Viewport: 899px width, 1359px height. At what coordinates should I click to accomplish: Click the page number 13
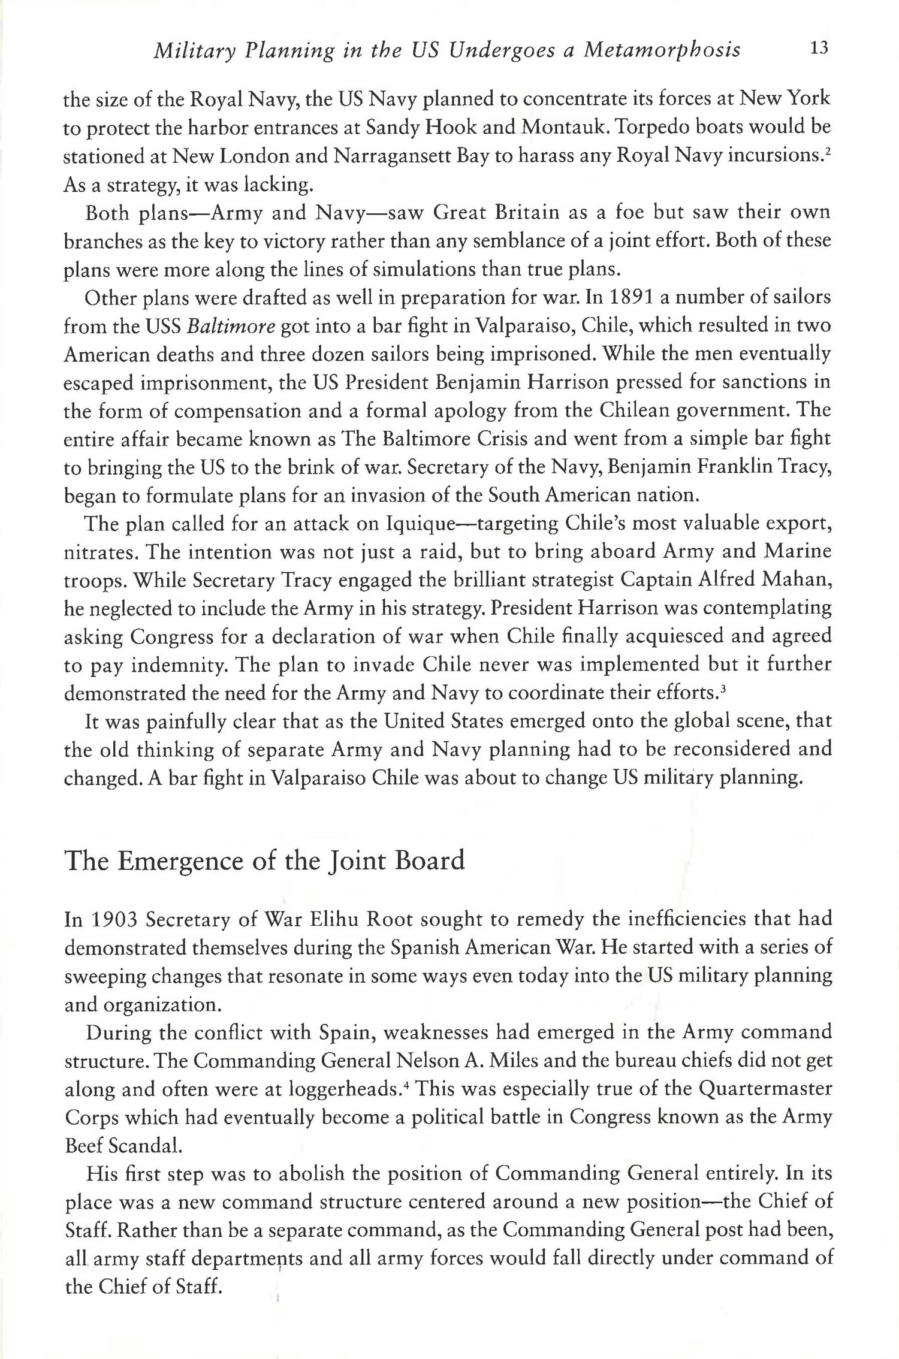coord(818,49)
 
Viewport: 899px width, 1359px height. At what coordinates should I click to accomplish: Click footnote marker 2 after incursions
coord(828,150)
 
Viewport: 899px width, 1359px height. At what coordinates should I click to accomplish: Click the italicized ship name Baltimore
coord(231,326)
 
